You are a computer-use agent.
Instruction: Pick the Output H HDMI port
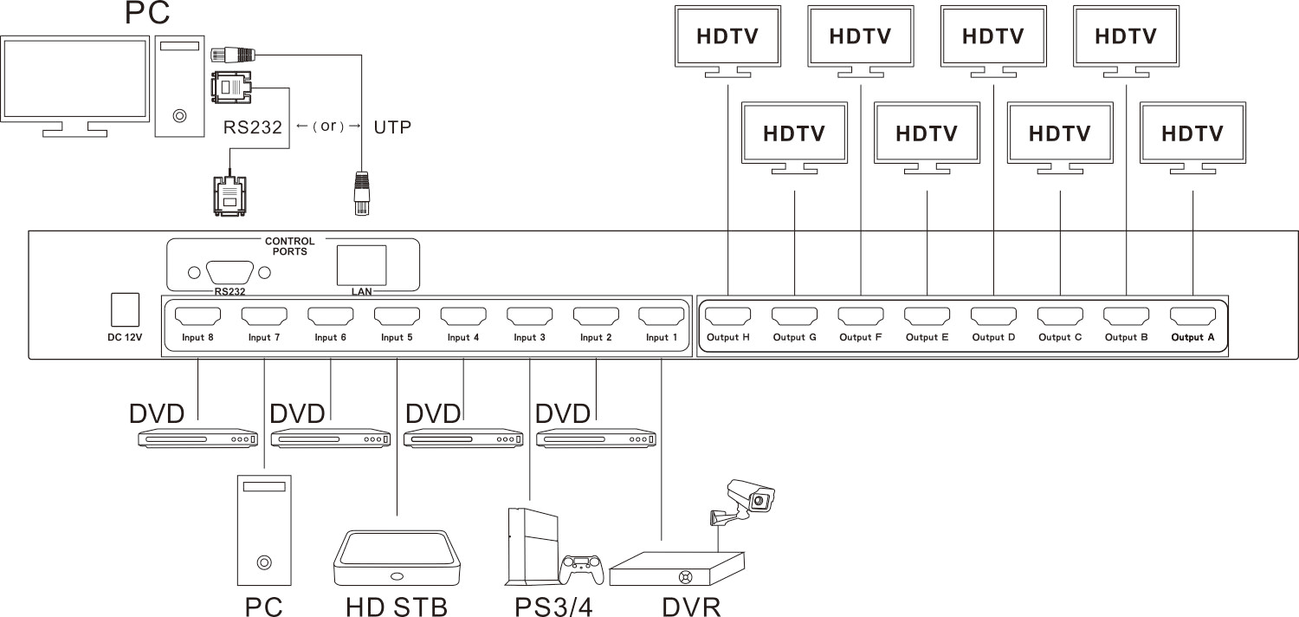click(x=727, y=315)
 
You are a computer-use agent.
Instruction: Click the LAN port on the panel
click(x=361, y=264)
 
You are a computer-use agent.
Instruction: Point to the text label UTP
click(x=391, y=127)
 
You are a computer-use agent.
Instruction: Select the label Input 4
click(x=463, y=338)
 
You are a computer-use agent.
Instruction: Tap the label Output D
click(x=993, y=338)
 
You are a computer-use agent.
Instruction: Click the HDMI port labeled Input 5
click(x=397, y=315)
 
